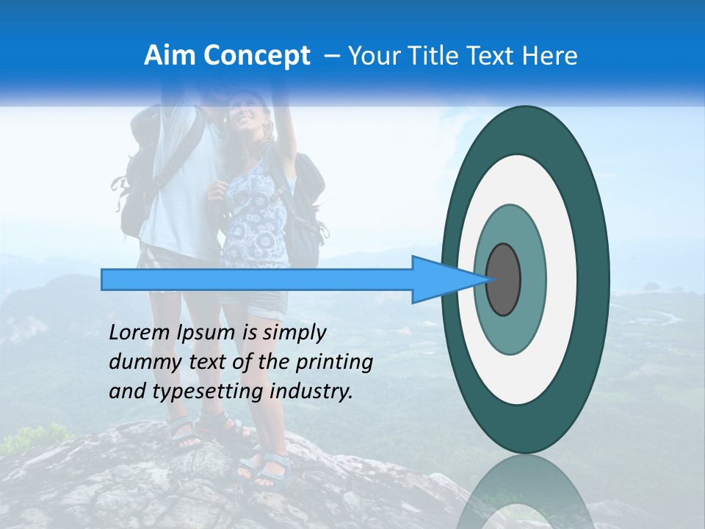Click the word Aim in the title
(x=170, y=56)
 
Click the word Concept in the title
(x=256, y=56)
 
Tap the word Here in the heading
(x=550, y=56)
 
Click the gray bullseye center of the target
(x=504, y=280)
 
